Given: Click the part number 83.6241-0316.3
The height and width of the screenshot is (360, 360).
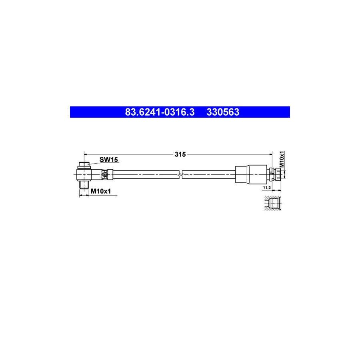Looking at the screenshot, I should (160, 112).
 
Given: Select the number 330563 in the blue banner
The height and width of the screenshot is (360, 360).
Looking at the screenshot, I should (223, 112).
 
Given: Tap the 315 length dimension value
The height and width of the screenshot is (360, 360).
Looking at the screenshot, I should (180, 154).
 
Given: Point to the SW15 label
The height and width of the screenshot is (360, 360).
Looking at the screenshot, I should (108, 160).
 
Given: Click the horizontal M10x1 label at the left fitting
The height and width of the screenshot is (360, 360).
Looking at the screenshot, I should (100, 192).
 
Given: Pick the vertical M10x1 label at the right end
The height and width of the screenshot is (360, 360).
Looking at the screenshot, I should (282, 159).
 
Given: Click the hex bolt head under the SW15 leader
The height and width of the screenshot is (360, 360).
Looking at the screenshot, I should (84, 164).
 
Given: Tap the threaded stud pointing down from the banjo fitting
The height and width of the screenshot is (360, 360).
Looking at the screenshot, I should (84, 185).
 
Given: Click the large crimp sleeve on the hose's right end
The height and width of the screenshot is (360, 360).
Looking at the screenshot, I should (251, 174).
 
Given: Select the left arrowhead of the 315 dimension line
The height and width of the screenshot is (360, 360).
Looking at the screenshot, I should (86, 154).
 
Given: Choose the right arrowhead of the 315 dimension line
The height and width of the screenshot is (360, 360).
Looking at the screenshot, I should (270, 154).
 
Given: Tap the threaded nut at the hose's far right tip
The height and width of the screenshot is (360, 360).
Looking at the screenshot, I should (277, 174).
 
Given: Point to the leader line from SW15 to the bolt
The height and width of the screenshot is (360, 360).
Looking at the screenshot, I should (94, 162).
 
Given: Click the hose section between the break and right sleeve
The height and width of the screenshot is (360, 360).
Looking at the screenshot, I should (208, 174).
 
